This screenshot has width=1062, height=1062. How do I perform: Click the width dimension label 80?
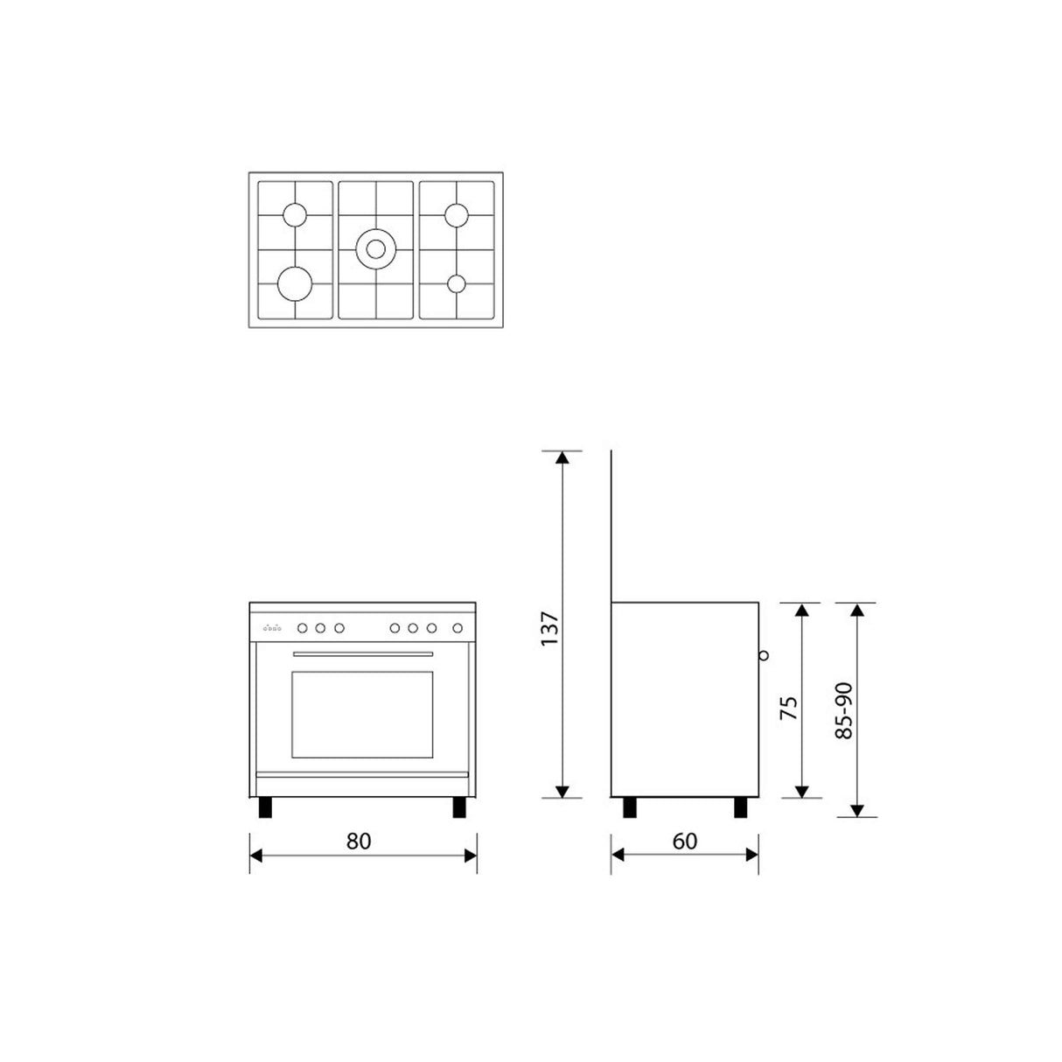[359, 842]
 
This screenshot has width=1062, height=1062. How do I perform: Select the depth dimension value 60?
[685, 842]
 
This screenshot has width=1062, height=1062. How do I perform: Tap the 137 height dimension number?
[548, 628]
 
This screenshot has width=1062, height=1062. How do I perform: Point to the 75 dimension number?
[788, 708]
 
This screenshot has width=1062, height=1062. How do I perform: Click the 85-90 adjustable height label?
[843, 709]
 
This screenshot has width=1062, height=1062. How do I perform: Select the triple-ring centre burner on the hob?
[376, 248]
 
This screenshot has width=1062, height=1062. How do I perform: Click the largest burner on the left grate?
[295, 283]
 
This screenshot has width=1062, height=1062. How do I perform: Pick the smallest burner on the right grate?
[457, 283]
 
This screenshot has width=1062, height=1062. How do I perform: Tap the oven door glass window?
[362, 715]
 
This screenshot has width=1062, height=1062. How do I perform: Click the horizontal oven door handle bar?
[362, 654]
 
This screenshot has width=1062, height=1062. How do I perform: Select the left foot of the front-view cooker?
[265, 807]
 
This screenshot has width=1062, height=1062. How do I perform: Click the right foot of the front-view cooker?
[459, 807]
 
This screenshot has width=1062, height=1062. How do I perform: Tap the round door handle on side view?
[764, 654]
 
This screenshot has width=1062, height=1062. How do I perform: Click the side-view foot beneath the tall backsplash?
[629, 807]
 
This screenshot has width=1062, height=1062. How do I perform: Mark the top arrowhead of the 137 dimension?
[562, 456]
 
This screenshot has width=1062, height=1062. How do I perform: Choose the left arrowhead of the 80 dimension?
[255, 856]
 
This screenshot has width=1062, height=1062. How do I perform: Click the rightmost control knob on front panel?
[457, 627]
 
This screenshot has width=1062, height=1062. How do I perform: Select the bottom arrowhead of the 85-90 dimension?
[857, 811]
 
